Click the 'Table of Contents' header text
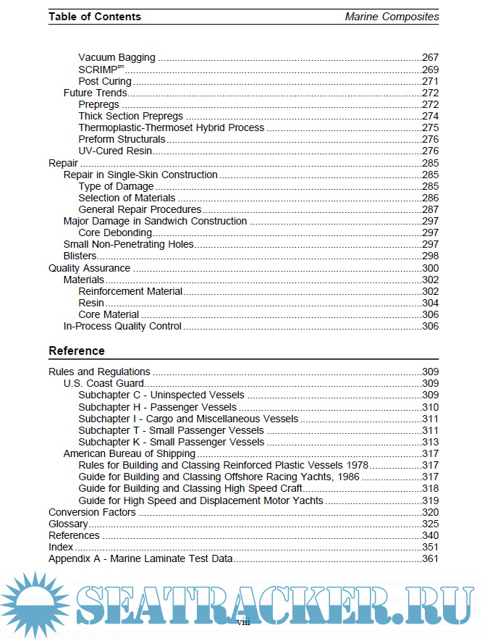tap(95, 16)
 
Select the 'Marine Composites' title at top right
tap(392, 16)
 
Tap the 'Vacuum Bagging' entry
tap(117, 57)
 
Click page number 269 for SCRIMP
tap(430, 69)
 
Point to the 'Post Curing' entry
tap(105, 81)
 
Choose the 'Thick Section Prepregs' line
tap(130, 116)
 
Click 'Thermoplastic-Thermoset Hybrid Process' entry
tap(172, 127)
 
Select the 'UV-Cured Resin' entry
tap(115, 151)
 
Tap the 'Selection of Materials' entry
tap(127, 198)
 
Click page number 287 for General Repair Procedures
tap(430, 209)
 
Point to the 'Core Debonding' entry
tap(115, 232)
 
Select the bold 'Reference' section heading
tap(77, 351)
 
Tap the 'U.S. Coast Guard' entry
tap(103, 383)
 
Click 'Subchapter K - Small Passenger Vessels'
tap(171, 441)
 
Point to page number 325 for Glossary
tap(430, 524)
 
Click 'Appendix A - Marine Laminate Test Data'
tap(140, 559)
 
